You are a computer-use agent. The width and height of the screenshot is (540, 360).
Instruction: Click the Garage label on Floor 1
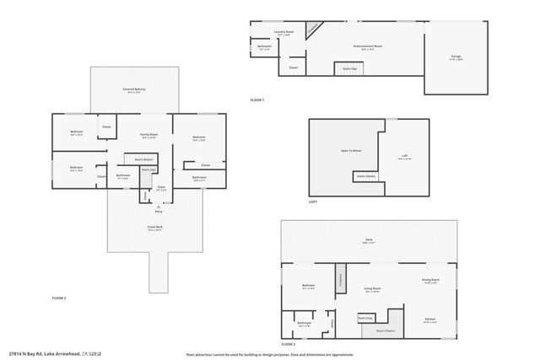click(456, 56)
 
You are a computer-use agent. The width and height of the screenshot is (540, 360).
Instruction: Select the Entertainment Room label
click(366, 46)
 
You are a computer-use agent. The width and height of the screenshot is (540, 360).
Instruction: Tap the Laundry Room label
click(283, 34)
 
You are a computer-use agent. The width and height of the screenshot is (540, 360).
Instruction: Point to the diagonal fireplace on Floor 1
click(314, 29)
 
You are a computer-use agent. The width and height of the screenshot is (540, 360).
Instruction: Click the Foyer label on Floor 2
click(161, 189)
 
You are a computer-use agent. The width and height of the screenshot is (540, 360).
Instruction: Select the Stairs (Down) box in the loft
click(365, 176)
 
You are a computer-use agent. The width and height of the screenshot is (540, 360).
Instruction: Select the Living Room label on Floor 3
click(371, 288)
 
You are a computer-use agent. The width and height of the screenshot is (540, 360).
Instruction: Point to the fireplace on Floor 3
click(342, 279)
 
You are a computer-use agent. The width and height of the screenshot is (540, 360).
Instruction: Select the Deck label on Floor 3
click(369, 240)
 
